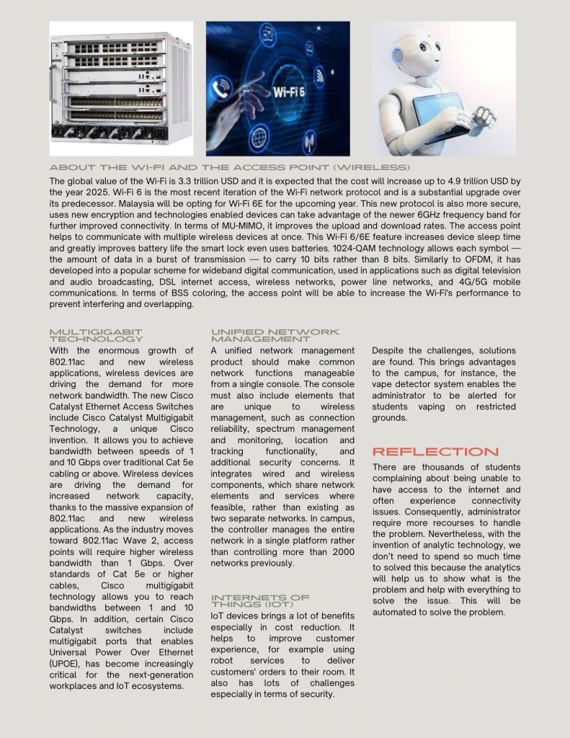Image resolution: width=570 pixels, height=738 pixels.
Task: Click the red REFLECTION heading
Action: point(435,452)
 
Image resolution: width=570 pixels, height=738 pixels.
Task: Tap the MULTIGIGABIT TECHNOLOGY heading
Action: point(96,335)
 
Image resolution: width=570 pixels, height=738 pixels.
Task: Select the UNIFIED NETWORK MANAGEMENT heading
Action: point(275,335)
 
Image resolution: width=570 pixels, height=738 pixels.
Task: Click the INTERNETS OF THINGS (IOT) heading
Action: point(260,600)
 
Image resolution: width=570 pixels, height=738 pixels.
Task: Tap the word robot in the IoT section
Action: point(223,660)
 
